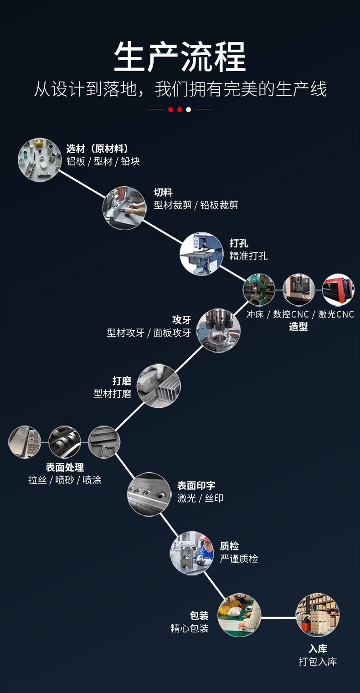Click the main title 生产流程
180,57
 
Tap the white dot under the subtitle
189,109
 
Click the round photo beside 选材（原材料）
40,160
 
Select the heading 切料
163,192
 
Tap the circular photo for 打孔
201,253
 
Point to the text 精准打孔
248,256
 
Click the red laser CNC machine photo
338,290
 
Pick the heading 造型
298,327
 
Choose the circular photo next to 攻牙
218,330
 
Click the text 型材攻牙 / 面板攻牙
149,333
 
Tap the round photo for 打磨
159,385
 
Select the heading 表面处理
65,467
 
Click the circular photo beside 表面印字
149,494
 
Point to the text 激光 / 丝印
200,498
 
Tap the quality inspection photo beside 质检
192,553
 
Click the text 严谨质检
239,559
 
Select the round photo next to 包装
239,615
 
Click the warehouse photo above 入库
318,615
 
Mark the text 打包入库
318,662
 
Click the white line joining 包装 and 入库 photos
278,618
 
